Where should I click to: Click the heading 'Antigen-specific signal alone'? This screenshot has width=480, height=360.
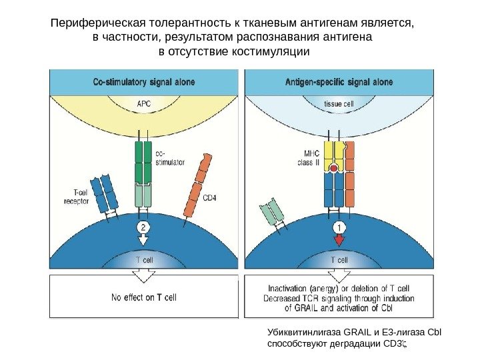click(x=339, y=83)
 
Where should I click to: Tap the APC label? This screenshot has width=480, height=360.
click(x=144, y=104)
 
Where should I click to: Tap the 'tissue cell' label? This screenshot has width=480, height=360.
click(x=339, y=104)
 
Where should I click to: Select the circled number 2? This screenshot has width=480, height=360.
click(x=143, y=227)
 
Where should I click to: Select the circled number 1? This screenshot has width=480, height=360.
click(x=339, y=227)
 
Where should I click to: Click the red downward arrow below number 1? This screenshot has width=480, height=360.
click(x=339, y=240)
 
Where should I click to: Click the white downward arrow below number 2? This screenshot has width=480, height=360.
click(x=143, y=240)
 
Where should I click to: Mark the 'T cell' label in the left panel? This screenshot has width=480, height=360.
click(x=144, y=260)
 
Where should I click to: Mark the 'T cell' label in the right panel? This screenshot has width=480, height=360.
click(x=339, y=260)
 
